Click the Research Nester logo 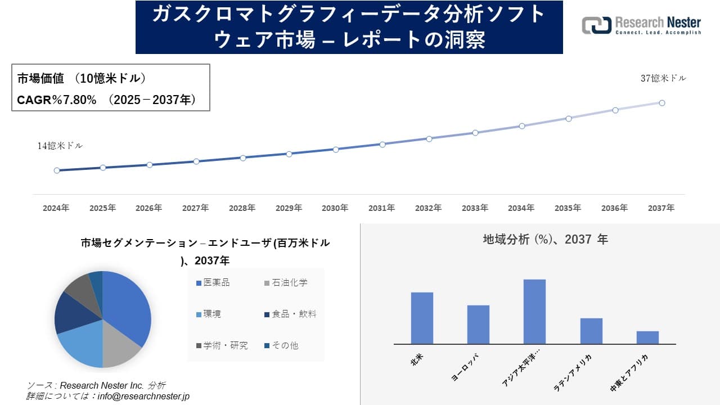(x=641, y=25)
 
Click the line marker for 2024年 (x=57, y=170)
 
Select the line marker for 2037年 (x=662, y=103)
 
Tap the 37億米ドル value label (x=663, y=79)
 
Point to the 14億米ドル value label (x=60, y=146)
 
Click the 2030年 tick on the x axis (x=335, y=208)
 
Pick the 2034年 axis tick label (x=521, y=208)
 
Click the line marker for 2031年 (x=382, y=145)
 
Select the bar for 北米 (x=422, y=318)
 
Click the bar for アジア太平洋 (x=534, y=312)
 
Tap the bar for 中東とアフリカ (x=647, y=337)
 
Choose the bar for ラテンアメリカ (x=591, y=331)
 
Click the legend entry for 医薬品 (x=213, y=282)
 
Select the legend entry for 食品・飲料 (x=290, y=314)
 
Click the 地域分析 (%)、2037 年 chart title (x=545, y=240)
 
